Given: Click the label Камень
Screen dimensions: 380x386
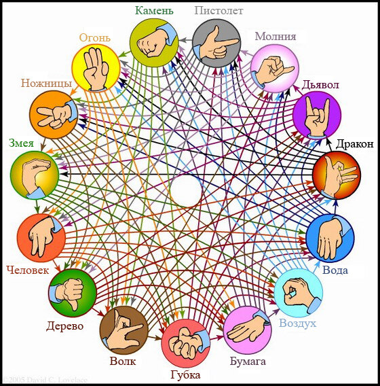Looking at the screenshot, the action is click(154, 11).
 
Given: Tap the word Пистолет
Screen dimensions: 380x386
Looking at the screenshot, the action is click(218, 11).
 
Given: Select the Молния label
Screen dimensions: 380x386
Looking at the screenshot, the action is click(275, 37).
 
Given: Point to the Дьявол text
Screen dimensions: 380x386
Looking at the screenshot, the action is click(320, 85).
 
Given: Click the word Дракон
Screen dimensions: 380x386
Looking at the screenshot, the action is click(354, 144).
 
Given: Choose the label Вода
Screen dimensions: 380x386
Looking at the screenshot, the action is click(335, 270).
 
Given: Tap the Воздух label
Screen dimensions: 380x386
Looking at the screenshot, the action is click(297, 323).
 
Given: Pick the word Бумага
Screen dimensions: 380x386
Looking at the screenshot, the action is click(248, 362).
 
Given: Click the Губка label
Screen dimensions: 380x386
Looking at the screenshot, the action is click(185, 375).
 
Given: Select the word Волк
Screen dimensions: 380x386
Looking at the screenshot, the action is click(122, 362).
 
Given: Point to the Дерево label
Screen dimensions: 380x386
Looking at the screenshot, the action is click(65, 326).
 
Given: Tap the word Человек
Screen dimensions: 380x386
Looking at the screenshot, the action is click(28, 270).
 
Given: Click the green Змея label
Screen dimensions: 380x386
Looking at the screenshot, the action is click(21, 143).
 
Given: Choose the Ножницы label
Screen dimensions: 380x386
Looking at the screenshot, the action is click(46, 83).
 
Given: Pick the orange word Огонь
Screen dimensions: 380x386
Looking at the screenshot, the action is click(95, 37).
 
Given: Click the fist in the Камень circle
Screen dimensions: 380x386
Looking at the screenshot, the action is click(153, 42).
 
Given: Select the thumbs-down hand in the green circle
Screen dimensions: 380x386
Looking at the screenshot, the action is click(69, 292).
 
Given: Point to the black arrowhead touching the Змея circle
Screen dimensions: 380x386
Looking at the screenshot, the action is click(64, 174).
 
